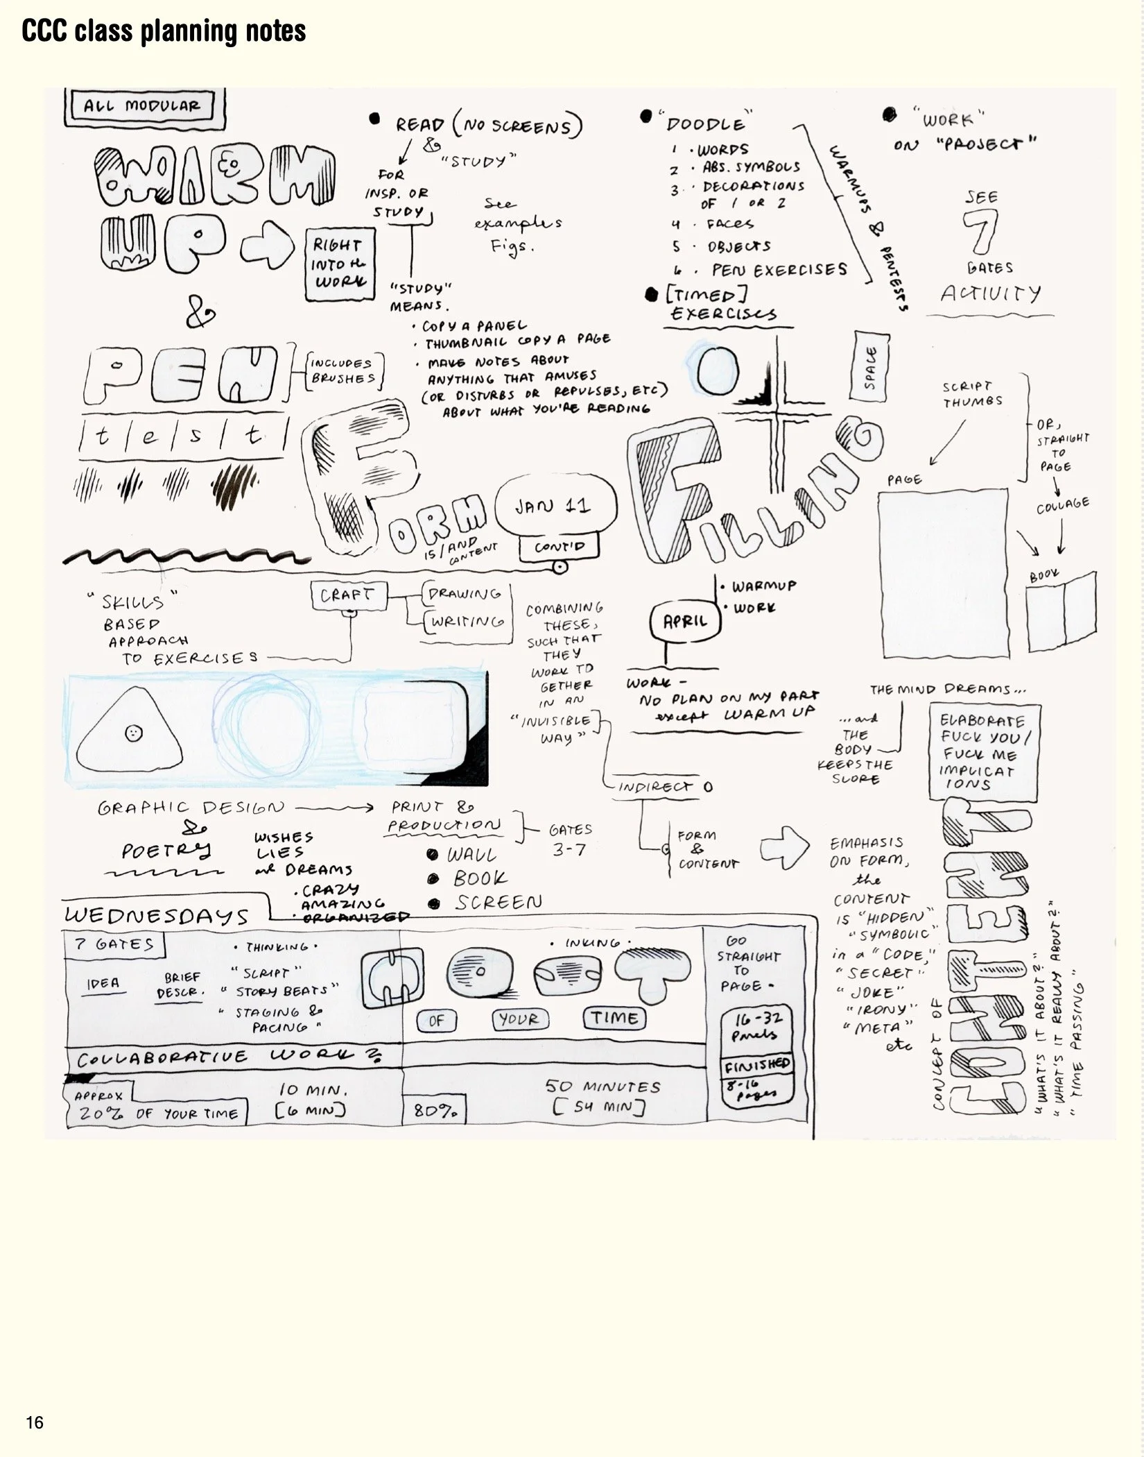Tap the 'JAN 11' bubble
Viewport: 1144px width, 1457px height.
[553, 506]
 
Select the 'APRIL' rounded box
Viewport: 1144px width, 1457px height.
[685, 621]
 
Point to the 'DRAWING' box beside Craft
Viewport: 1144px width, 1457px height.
[465, 594]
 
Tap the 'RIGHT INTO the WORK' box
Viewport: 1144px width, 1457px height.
[338, 264]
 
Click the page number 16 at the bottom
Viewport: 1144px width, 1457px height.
[35, 1422]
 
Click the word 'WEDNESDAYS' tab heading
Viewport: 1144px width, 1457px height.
[157, 916]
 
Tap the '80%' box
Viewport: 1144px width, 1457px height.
[435, 1111]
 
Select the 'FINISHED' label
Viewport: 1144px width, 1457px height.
[757, 1065]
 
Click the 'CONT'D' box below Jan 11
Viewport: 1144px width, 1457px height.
[560, 547]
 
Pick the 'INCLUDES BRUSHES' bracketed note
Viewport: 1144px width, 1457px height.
[343, 371]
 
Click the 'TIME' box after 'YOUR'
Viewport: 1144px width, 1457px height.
[614, 1019]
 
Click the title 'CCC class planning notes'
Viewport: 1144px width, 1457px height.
[164, 31]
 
